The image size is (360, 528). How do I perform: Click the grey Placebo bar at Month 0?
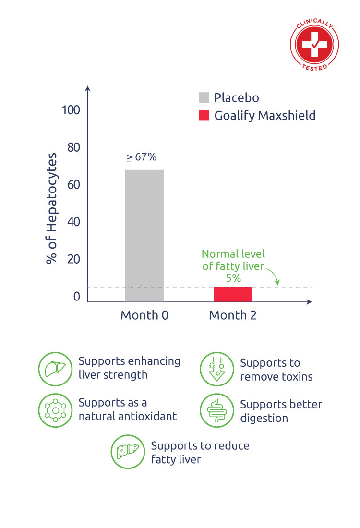(144, 235)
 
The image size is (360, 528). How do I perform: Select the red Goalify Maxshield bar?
(233, 294)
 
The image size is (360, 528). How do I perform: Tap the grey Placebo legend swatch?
(204, 98)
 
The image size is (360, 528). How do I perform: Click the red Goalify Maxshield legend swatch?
(204, 116)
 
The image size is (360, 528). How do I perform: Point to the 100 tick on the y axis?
(71, 110)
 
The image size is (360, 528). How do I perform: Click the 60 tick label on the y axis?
(73, 185)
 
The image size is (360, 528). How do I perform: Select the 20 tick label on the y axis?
(73, 259)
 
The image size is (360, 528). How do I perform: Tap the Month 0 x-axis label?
(144, 315)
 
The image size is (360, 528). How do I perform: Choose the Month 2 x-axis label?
(233, 315)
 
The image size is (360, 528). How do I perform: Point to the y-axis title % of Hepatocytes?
(51, 209)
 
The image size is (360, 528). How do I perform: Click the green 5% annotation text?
(233, 278)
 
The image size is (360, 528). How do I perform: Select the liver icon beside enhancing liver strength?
(55, 369)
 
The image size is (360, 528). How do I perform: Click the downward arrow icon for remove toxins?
(216, 369)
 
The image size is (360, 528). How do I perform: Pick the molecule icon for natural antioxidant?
(55, 410)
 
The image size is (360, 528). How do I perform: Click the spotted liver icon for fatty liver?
(128, 452)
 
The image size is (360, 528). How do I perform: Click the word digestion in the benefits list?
(264, 418)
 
